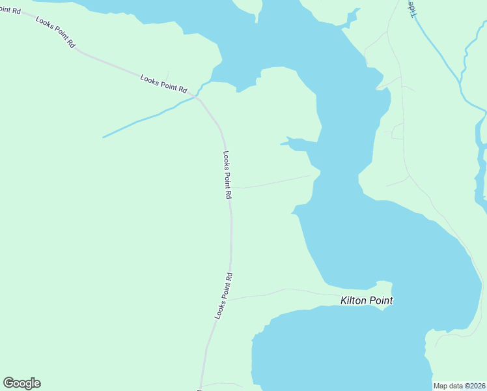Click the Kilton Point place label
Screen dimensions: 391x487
(x=367, y=300)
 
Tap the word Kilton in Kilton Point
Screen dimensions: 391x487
(x=354, y=300)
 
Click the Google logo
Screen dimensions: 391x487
(x=21, y=383)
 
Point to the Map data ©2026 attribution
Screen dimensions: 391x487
(x=460, y=386)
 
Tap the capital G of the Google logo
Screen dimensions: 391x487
(x=9, y=383)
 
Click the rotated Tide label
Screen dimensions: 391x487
(x=411, y=9)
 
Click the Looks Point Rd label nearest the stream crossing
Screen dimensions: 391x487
(x=163, y=83)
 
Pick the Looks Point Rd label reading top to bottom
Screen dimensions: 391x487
(x=227, y=175)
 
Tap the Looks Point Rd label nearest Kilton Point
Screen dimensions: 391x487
(x=223, y=295)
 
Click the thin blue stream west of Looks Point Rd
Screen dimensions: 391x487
(x=143, y=121)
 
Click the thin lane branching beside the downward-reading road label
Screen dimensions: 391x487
(x=273, y=182)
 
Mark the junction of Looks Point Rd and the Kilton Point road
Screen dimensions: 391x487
(x=226, y=300)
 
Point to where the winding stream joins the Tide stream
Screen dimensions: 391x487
(x=462, y=85)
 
